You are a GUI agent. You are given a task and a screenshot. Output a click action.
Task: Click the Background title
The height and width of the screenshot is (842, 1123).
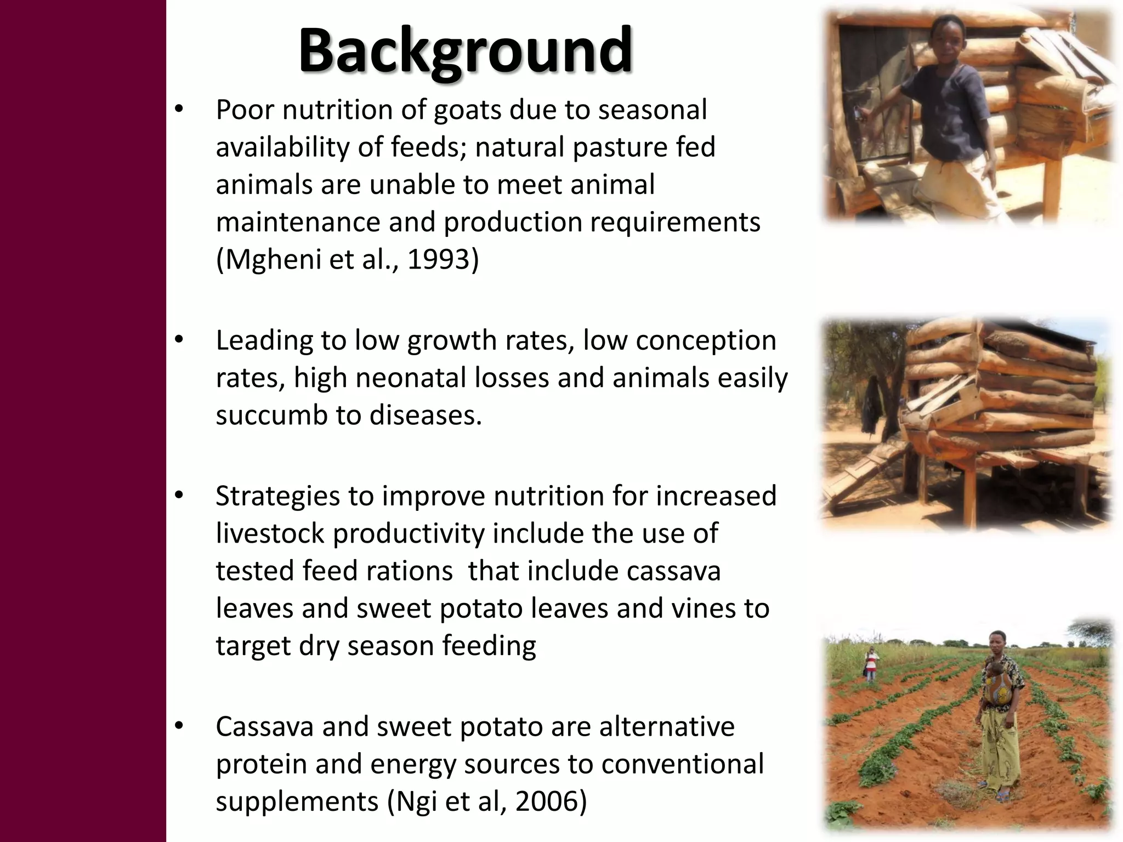pos(465,52)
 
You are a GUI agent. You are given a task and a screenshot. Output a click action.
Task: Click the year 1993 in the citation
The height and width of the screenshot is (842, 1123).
pos(438,259)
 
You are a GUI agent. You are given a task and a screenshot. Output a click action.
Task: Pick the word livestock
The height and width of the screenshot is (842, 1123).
pos(270,533)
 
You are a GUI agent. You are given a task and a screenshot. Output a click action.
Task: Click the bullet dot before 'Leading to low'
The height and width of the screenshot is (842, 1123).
pos(178,340)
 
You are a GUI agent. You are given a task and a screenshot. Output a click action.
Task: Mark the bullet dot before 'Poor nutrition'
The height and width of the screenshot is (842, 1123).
pos(178,110)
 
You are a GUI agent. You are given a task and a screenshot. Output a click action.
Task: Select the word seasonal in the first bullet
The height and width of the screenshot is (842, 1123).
pos(652,110)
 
